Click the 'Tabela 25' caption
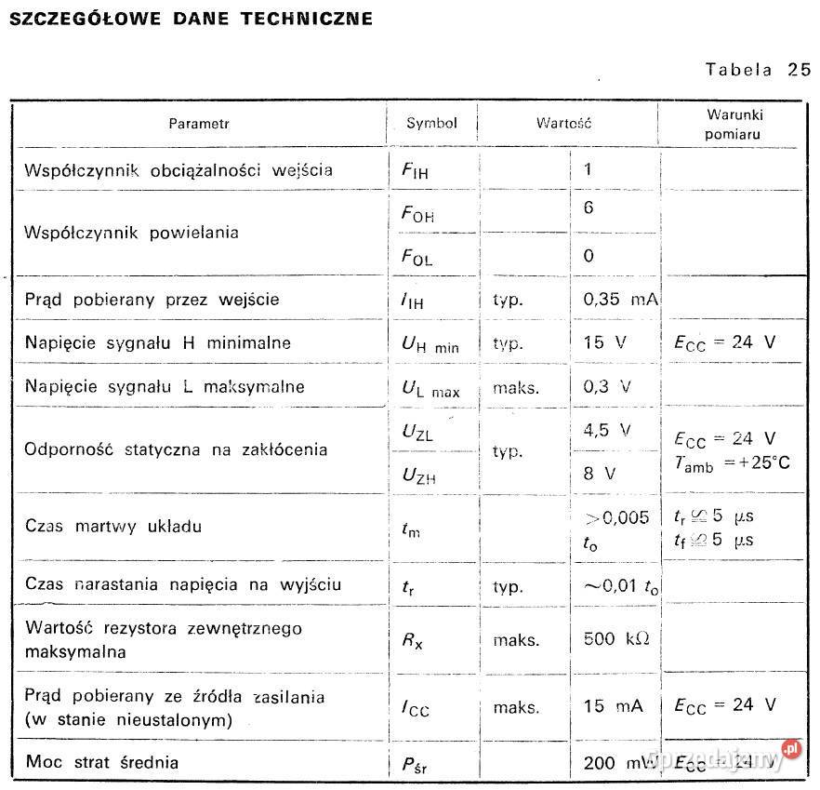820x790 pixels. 758,70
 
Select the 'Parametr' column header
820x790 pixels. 198,123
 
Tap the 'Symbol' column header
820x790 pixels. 431,123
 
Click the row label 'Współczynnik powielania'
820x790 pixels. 131,233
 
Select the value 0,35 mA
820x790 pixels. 620,300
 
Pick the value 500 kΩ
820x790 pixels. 615,639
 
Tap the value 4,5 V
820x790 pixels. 607,430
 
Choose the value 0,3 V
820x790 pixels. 607,387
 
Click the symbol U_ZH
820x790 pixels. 418,475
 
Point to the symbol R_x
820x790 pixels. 412,640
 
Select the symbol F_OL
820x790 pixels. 417,258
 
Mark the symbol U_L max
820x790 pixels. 430,389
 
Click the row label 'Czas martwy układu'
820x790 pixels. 113,527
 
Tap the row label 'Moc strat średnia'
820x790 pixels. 102,763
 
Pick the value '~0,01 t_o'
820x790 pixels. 621,586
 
